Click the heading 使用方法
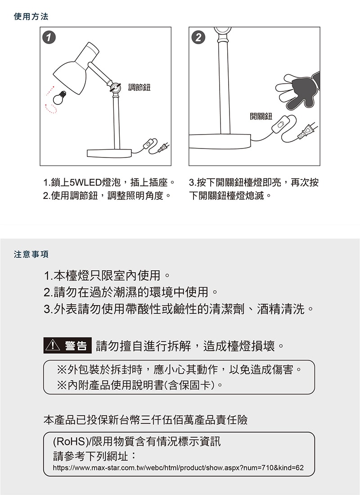(x=31, y=16)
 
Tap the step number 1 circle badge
(x=49, y=37)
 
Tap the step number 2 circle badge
(x=198, y=37)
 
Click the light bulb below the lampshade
(x=59, y=98)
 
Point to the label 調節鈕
(x=139, y=87)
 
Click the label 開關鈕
(x=261, y=116)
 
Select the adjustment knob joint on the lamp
(x=115, y=88)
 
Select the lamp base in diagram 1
(x=109, y=153)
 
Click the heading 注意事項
(x=31, y=254)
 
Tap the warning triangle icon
(x=53, y=345)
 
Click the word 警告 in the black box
(x=76, y=346)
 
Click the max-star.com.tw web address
(x=178, y=468)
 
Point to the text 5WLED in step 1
(x=85, y=182)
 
